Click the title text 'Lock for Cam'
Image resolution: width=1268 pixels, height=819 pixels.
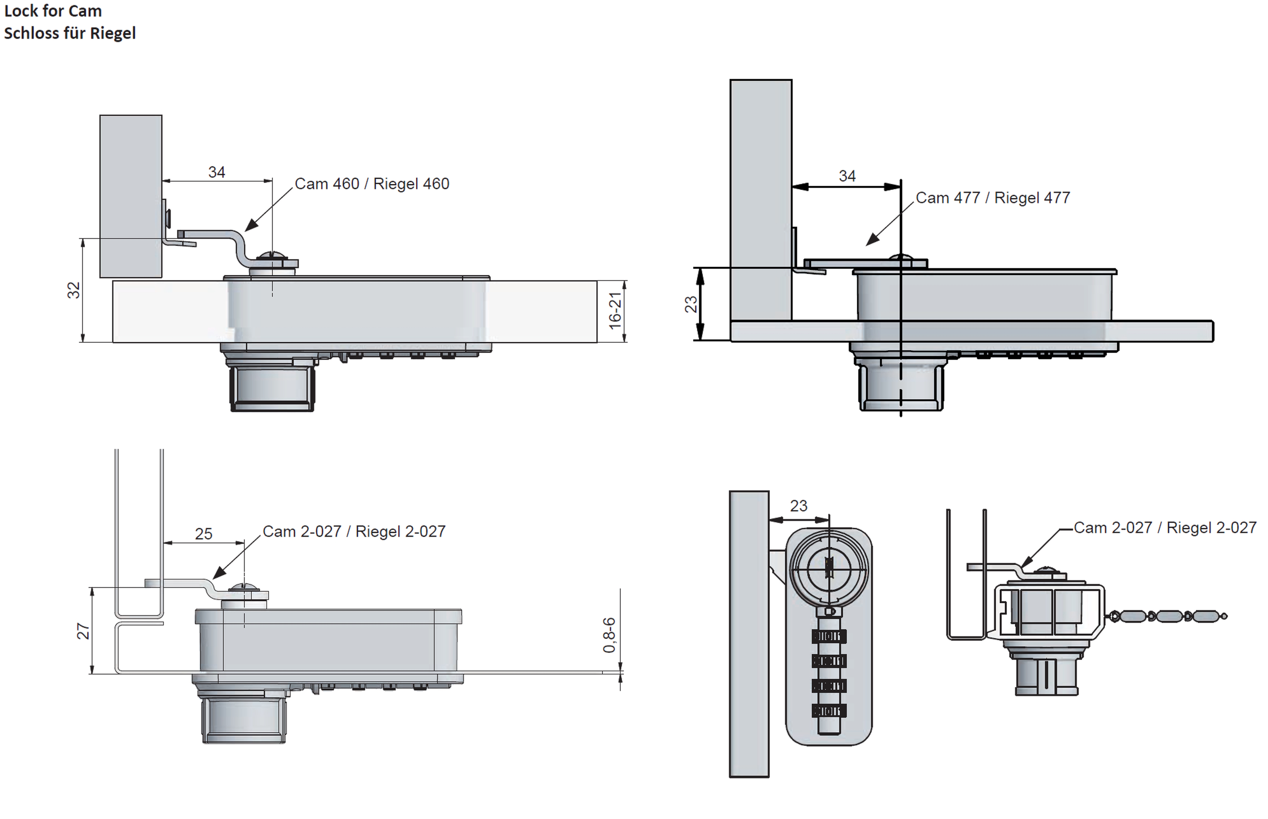tap(53, 11)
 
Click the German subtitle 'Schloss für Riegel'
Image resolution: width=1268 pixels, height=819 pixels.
tap(70, 34)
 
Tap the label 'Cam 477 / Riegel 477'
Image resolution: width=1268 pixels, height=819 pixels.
tap(992, 198)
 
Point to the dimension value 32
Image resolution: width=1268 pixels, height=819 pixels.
tap(73, 290)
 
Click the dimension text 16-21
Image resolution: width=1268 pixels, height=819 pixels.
tap(615, 311)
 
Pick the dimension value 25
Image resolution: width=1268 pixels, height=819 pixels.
tap(203, 533)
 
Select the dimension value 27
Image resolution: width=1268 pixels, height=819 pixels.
tap(83, 631)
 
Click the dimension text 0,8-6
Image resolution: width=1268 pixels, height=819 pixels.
tap(609, 635)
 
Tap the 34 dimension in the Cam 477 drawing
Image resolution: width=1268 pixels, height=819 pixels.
tap(847, 176)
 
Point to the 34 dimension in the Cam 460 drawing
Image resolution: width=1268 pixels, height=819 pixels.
tap(217, 172)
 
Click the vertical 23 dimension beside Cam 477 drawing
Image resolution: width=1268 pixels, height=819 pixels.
tap(691, 304)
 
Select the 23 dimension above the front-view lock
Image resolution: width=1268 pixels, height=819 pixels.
tap(798, 506)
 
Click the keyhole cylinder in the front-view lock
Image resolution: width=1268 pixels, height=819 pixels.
tap(828, 569)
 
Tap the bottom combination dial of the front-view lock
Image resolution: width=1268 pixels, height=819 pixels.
tap(828, 710)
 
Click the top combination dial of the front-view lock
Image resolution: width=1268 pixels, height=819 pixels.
tap(828, 636)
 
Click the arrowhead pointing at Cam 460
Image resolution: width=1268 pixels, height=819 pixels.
tap(251, 225)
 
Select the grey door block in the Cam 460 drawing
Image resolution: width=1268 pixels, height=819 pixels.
tap(131, 196)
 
